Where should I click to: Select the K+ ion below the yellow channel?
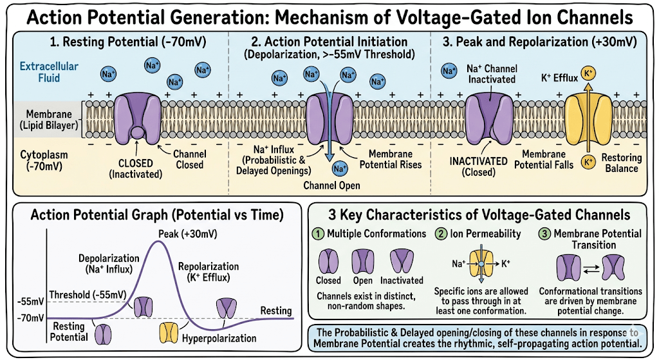coord(588,162)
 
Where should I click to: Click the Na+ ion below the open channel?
coord(339,169)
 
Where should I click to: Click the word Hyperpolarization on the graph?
coord(219,338)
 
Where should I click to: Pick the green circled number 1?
coord(319,234)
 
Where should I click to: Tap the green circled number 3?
coord(544,234)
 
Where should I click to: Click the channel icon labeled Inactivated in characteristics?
coord(402,261)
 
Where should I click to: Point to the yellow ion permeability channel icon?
coord(480,264)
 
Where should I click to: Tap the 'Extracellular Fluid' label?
coord(48,72)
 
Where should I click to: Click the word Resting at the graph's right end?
coord(275,311)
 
